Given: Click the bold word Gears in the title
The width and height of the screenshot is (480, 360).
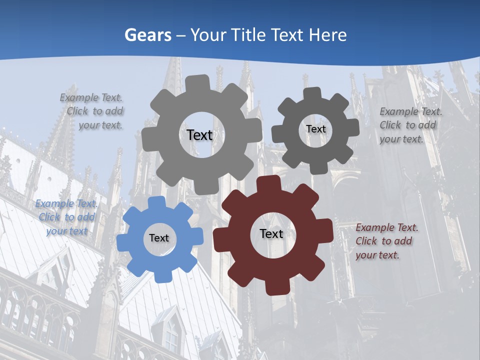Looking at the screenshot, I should pos(148,35).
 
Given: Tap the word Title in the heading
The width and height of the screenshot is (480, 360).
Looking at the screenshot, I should pos(248,35).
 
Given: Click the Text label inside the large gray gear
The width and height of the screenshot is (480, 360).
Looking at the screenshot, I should pos(199,135).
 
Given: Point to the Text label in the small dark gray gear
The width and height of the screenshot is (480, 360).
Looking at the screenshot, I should pos(315,129).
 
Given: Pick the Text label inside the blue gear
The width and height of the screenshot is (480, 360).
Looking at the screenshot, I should pos(159,238).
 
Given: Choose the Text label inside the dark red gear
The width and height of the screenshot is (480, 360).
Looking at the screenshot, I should pos(271,233).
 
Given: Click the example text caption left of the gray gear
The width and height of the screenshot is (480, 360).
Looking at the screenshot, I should pos(92,111).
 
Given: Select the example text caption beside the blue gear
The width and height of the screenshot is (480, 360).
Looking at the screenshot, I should pos(66,217).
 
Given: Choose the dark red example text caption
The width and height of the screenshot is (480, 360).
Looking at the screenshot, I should pos(386,241).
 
